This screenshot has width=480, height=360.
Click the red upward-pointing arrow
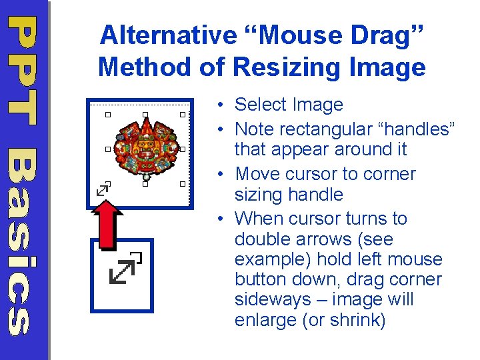(x=107, y=221)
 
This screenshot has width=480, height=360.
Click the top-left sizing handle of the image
(x=108, y=115)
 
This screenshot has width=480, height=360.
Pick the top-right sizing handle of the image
(x=182, y=115)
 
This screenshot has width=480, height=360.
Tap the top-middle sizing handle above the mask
(x=145, y=115)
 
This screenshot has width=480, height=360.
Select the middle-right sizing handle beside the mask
(x=182, y=149)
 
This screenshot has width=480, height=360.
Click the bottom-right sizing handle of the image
(x=182, y=183)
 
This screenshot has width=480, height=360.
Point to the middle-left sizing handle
(x=108, y=149)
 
